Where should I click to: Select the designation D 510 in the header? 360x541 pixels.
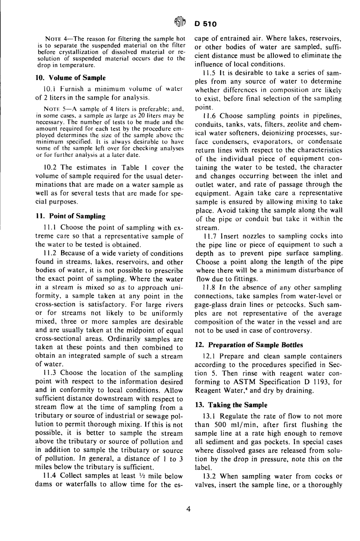206,24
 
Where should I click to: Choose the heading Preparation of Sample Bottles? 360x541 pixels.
249,345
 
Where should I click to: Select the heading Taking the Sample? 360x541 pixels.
231,405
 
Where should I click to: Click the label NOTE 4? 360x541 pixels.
57,39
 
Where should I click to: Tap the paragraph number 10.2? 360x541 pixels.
52,167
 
